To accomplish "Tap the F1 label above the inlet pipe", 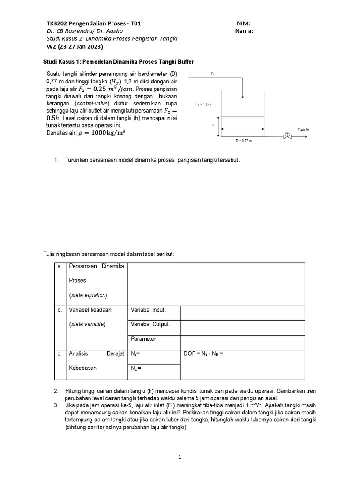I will pyautogui.click(x=212, y=74).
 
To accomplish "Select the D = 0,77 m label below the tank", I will pyautogui.click(x=244, y=140).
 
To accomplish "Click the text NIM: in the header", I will pyautogui.click(x=244, y=23).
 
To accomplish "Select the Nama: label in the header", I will pyautogui.click(x=246, y=31).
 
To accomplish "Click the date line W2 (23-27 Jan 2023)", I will pyautogui.click(x=75, y=47).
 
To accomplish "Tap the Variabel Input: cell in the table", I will pyautogui.click(x=149, y=310).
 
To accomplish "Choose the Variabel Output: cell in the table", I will pyautogui.click(x=150, y=324).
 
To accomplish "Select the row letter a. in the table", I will pyautogui.click(x=60, y=267).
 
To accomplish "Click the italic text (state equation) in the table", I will pyautogui.click(x=88, y=295).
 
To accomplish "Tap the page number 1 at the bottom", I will pyautogui.click(x=180, y=458).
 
